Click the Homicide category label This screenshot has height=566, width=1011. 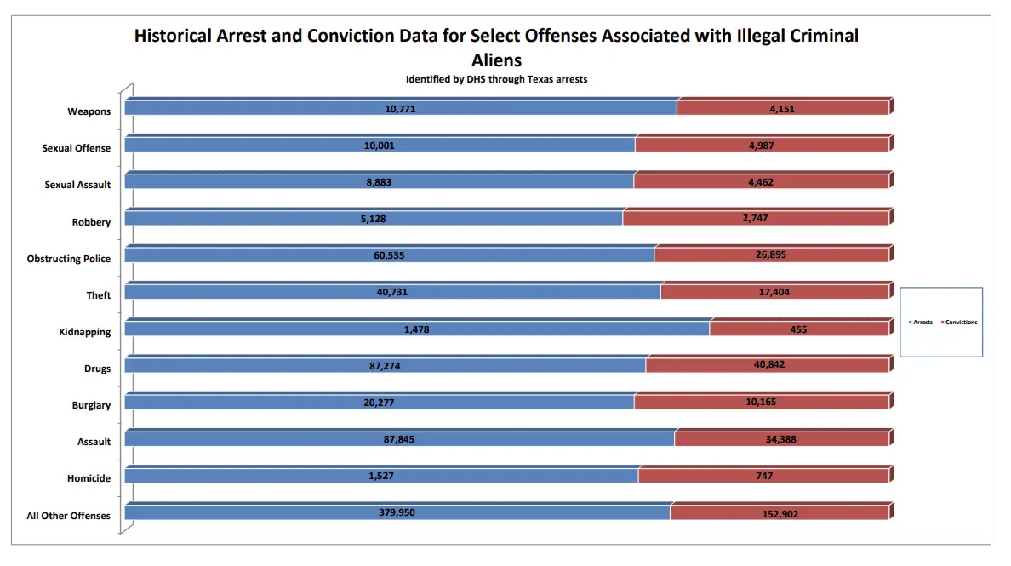coord(89,478)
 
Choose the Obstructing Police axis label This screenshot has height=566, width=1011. coord(69,259)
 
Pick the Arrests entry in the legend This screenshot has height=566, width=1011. coord(922,323)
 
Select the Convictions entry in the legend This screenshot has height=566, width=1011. coord(961,323)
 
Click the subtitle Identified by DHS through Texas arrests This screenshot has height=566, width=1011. coord(496,79)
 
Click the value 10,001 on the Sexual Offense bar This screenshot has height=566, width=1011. coord(379,146)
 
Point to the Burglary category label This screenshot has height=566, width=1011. coord(91,405)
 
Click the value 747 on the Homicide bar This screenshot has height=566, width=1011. coord(763,477)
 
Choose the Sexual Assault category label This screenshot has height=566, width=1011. coord(77,185)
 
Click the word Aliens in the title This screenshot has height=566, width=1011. coord(496,60)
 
